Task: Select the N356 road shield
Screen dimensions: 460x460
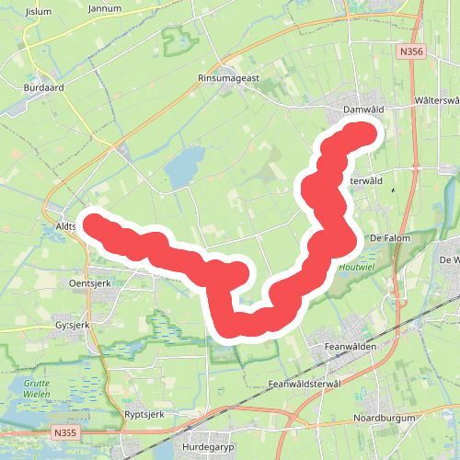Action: click(411, 53)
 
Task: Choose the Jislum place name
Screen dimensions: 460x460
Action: click(40, 11)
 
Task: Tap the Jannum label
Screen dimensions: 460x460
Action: click(104, 7)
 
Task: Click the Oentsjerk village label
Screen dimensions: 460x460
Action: click(89, 283)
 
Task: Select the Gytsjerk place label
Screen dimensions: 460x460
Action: click(71, 326)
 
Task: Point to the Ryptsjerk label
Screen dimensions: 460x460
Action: click(144, 415)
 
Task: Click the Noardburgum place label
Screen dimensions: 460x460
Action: click(385, 419)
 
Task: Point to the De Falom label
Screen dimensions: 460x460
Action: click(388, 237)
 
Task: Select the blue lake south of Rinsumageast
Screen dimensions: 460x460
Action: click(183, 167)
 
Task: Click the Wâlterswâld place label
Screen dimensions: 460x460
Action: click(436, 99)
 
